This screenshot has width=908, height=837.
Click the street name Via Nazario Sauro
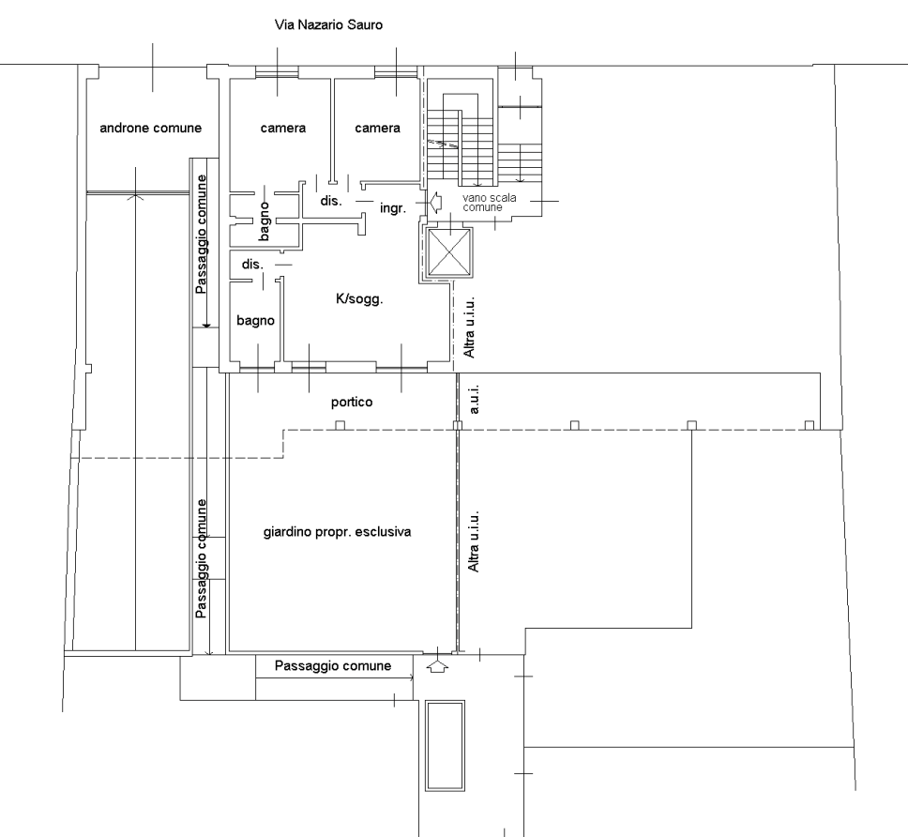coord(328,25)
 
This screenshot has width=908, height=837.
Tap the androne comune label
coord(151,128)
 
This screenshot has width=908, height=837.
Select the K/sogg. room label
coord(359,299)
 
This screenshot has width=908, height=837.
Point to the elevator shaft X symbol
coord(449,252)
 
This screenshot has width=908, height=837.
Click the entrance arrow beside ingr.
coord(436,203)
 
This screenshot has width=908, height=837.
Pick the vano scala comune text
coord(490,202)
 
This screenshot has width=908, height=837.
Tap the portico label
coord(352,402)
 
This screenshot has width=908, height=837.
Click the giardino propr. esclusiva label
coord(337,532)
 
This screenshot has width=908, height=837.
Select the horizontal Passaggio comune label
coord(333,666)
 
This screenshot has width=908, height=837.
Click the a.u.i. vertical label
coord(475,399)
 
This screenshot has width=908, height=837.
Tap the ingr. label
coord(393,208)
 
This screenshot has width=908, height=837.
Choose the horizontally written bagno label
coord(255,321)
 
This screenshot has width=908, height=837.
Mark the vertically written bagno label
coord(265,221)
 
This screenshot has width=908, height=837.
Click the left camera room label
coord(283,128)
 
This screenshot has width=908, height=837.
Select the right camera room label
coord(378,128)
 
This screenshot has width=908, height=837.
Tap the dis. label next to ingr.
coord(331,201)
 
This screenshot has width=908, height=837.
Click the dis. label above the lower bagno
coord(252,264)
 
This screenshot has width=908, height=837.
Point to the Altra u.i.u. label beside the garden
coord(473,541)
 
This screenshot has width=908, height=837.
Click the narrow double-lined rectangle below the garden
coord(446,745)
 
